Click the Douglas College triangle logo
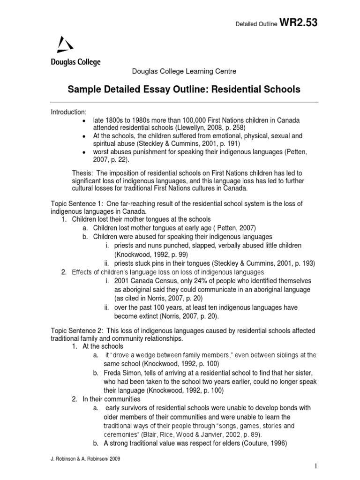(65, 45)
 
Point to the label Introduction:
(68, 112)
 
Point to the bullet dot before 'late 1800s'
(83, 121)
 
